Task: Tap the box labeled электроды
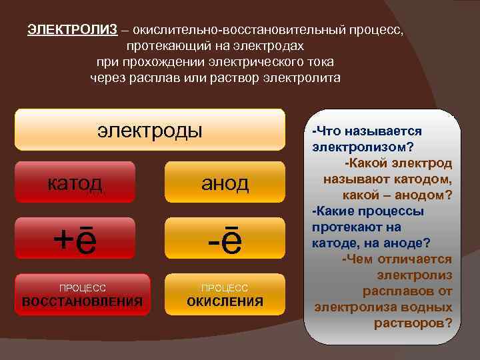(149, 129)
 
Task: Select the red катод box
(75, 182)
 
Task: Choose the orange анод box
(225, 182)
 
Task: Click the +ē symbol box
(75, 241)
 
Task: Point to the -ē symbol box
(225, 241)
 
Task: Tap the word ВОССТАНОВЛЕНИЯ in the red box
(83, 301)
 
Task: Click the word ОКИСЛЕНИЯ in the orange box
(225, 301)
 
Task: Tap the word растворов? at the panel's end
(413, 323)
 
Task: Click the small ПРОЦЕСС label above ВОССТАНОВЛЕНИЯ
(82, 288)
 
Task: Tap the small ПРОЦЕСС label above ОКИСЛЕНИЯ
(225, 288)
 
